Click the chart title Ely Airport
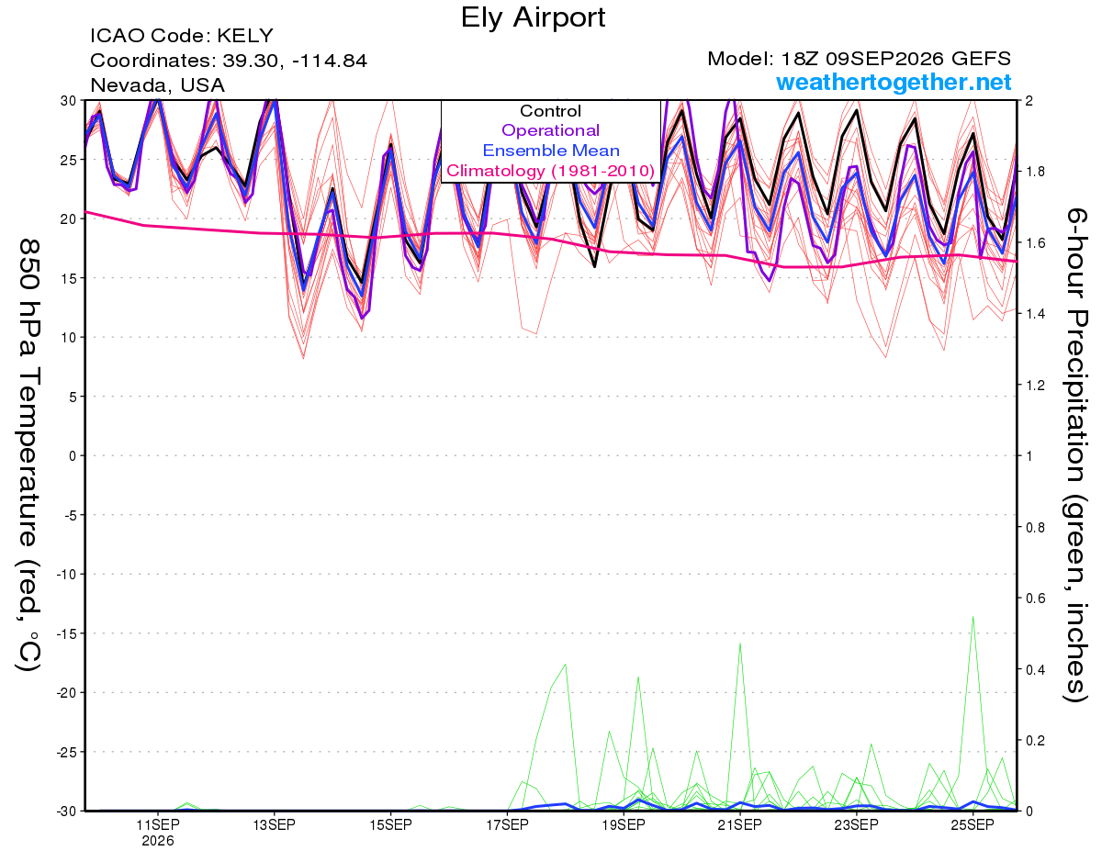[x=533, y=18]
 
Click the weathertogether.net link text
[x=894, y=82]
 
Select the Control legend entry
[x=550, y=111]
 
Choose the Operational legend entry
[x=550, y=130]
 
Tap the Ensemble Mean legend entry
[x=551, y=151]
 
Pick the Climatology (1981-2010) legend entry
[x=551, y=171]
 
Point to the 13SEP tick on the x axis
[x=274, y=824]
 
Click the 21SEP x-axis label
[x=739, y=824]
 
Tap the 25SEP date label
[x=973, y=824]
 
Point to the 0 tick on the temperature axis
[x=73, y=456]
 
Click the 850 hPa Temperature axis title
[x=28, y=456]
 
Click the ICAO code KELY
[x=245, y=36]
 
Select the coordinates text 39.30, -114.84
[x=295, y=61]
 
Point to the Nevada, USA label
[x=157, y=85]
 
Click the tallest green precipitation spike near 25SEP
[x=973, y=617]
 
